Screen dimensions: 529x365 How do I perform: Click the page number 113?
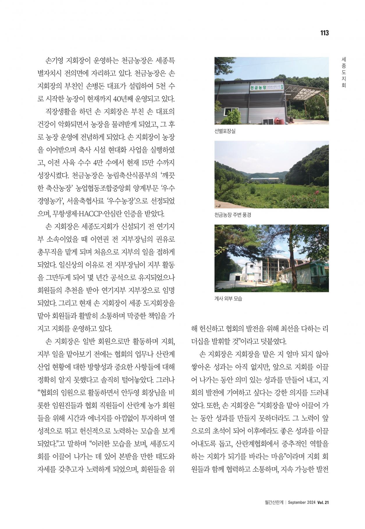coord(324,33)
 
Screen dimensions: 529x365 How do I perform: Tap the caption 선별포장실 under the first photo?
coord(225,131)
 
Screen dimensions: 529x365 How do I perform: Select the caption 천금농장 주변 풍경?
coord(232,215)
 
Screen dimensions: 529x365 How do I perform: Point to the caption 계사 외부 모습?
coord(228,299)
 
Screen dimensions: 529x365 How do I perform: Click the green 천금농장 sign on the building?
coord(258,87)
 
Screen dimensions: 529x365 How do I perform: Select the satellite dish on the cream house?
coord(283,268)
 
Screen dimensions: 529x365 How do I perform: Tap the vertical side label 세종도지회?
coord(344,72)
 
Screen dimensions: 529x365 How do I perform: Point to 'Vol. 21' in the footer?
coord(323,502)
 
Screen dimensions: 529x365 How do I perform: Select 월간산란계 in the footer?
coord(274,502)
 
